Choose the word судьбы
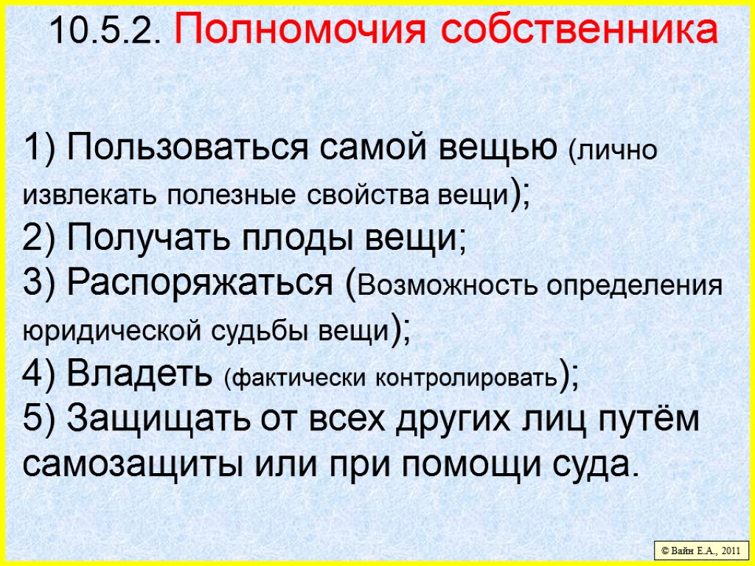click(x=271, y=331)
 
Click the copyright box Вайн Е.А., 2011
click(x=701, y=550)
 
